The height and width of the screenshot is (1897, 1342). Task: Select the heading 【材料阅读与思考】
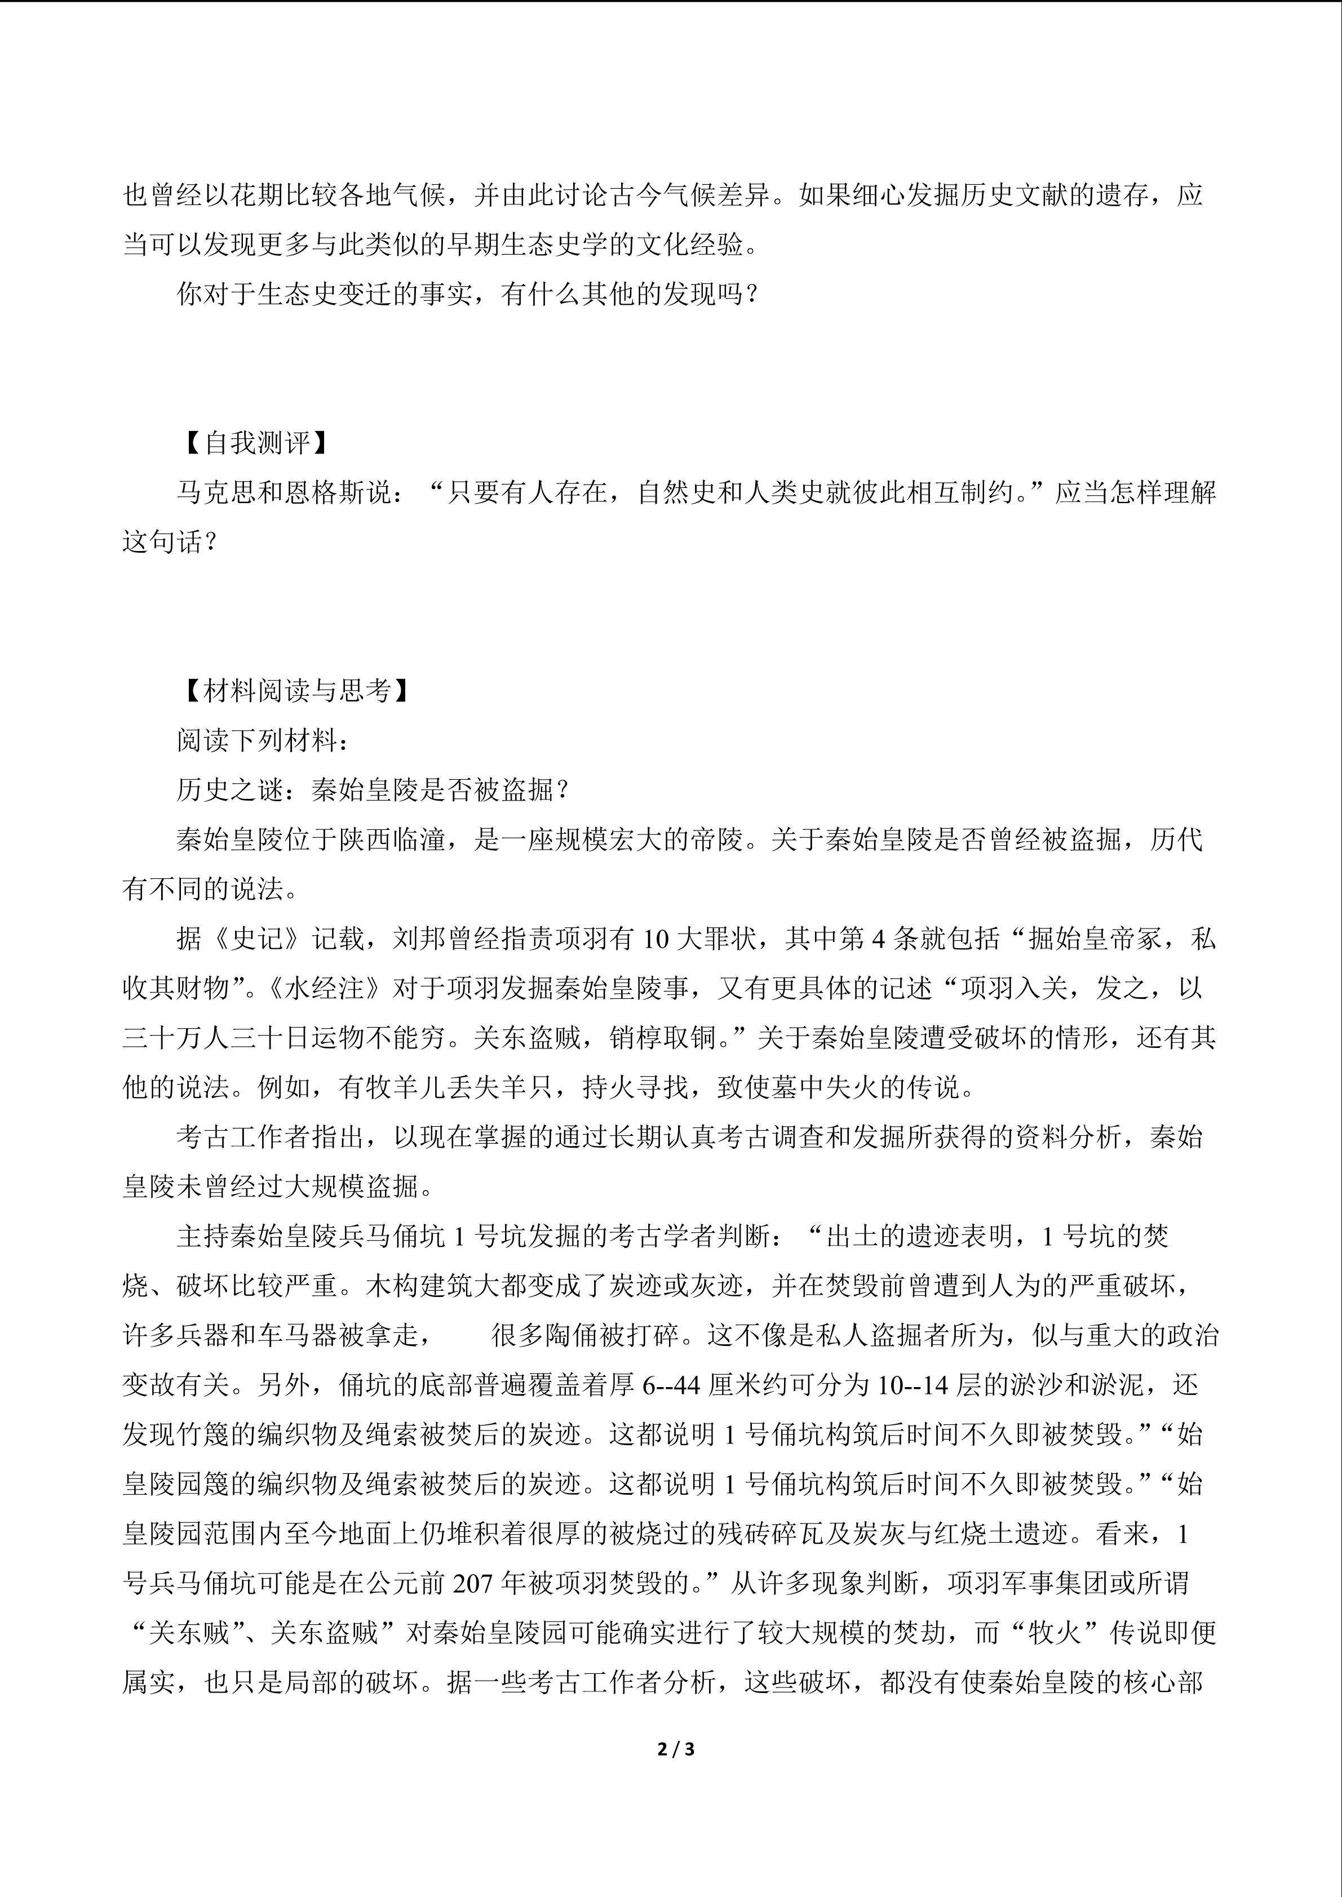(296, 691)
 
